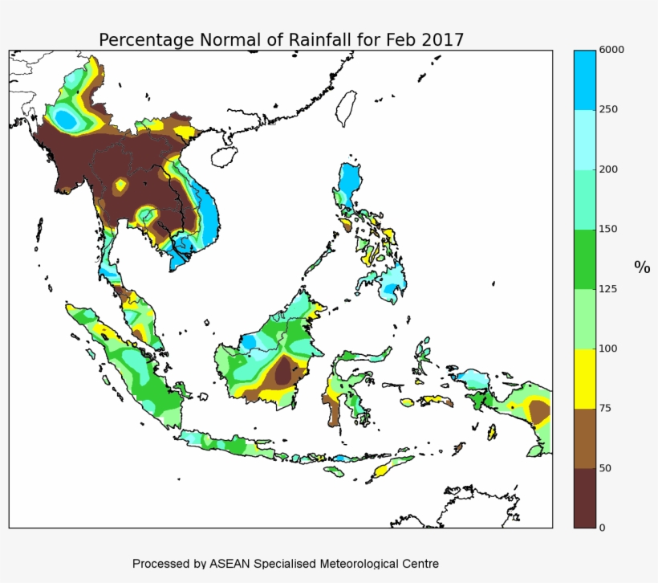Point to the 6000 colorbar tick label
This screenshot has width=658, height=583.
(611, 50)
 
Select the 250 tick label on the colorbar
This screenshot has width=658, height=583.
(609, 109)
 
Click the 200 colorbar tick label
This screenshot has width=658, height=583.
(609, 169)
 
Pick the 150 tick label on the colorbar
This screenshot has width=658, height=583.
(609, 229)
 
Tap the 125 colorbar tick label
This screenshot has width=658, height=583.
(609, 289)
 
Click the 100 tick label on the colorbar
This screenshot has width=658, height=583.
(609, 349)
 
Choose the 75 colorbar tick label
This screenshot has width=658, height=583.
(607, 408)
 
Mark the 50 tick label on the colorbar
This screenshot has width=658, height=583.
(607, 467)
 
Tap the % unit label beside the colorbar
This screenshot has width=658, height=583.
(642, 267)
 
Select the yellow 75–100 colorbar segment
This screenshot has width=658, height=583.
(585, 378)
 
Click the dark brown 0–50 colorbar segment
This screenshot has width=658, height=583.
(585, 498)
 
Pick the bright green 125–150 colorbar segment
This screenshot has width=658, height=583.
(585, 259)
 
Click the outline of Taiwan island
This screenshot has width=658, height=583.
(347, 108)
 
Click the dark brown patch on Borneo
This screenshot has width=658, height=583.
(282, 372)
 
